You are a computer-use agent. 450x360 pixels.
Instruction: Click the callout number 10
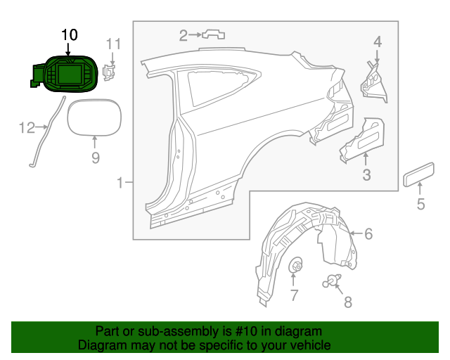tap(71, 34)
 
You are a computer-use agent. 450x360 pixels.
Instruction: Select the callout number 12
tap(27, 127)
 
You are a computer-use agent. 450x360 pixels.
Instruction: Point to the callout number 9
tap(96, 158)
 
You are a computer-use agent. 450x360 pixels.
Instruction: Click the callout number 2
tap(183, 35)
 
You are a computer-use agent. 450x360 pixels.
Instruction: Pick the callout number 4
tap(378, 42)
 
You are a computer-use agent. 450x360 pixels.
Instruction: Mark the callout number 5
tap(420, 205)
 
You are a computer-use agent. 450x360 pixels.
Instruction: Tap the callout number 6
tap(368, 233)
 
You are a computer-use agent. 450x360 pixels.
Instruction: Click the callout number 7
tap(295, 294)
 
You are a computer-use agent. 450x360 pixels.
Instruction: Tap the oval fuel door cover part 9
tap(94, 116)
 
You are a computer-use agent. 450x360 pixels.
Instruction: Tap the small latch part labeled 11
tap(109, 71)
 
